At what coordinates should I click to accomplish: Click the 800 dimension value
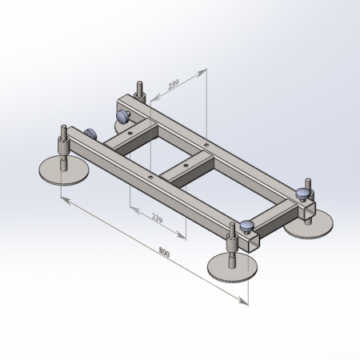(164, 252)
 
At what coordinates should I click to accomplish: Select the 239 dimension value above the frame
(174, 84)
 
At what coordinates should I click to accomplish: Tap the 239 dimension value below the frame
(157, 218)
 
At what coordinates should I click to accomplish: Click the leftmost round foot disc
(64, 170)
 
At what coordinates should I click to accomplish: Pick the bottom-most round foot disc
(233, 267)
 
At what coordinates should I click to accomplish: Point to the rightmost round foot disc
(310, 224)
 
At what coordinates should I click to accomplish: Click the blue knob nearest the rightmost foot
(303, 194)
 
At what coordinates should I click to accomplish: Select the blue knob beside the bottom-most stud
(247, 226)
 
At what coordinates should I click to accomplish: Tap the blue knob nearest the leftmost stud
(90, 134)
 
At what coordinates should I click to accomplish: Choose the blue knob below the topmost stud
(122, 117)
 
